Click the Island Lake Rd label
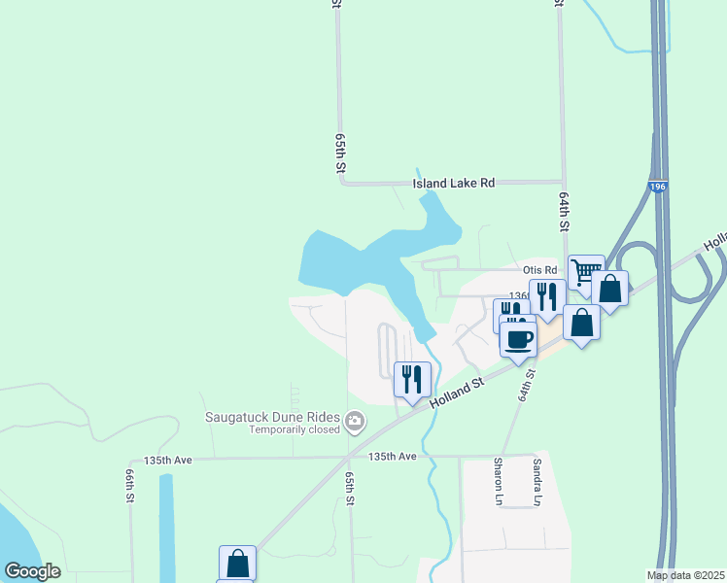[x=453, y=183]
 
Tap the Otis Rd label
[x=539, y=270]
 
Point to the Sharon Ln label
[x=498, y=481]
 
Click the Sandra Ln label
[x=536, y=481]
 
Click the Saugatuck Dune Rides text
[x=271, y=418]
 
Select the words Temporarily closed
[x=294, y=429]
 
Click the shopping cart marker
[x=586, y=271]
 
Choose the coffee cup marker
[x=518, y=339]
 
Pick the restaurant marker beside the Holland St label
[x=412, y=378]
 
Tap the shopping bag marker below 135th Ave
[x=237, y=563]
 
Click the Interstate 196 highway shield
[x=659, y=187]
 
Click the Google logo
[x=32, y=571]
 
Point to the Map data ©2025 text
[x=686, y=575]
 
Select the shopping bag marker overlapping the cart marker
[x=609, y=289]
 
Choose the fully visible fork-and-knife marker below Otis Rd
[x=547, y=296]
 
